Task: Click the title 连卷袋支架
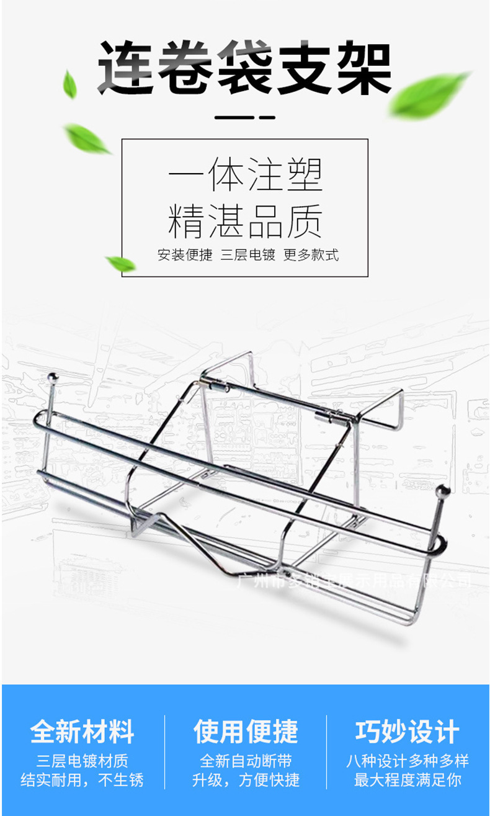(245, 68)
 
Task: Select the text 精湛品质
(245, 222)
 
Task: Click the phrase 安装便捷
(185, 255)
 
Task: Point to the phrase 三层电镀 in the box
(247, 255)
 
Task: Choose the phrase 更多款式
(311, 255)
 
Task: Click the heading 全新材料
(82, 732)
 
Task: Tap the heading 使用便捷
(246, 732)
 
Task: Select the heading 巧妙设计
(408, 732)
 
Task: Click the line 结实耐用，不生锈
(82, 780)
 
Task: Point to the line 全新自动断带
(246, 761)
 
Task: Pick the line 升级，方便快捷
(246, 780)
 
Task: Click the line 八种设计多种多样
(408, 761)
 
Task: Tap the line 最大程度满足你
(408, 780)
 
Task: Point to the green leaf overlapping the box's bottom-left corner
(120, 264)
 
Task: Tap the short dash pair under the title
(244, 117)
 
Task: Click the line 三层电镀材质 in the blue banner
(82, 761)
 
